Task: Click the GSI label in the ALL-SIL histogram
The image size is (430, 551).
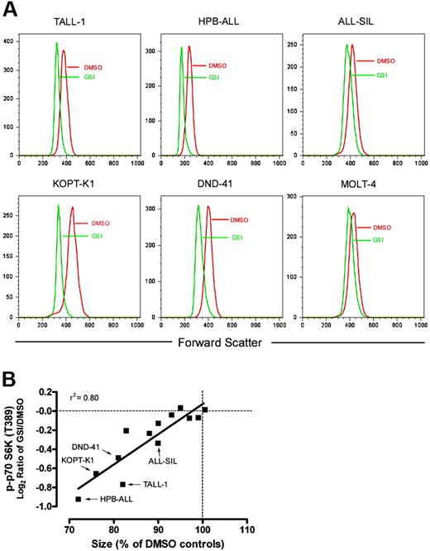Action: [381, 75]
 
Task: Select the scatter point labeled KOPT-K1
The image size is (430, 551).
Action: [97, 474]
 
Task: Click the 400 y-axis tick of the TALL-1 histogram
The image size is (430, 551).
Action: [11, 41]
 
